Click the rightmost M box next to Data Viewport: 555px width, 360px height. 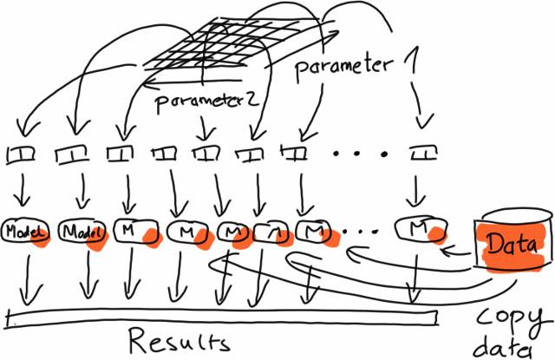click(419, 229)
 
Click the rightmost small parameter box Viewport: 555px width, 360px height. click(422, 154)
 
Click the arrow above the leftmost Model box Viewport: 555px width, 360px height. click(22, 192)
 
